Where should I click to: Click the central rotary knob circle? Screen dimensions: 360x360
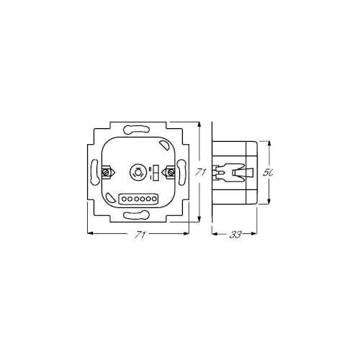click(x=138, y=173)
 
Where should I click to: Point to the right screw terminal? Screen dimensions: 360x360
click(x=171, y=173)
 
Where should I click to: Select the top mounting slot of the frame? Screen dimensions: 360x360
click(x=138, y=131)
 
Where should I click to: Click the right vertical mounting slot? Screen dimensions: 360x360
click(x=181, y=173)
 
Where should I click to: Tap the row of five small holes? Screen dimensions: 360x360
click(x=138, y=197)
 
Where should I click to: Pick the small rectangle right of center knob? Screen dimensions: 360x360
click(x=156, y=173)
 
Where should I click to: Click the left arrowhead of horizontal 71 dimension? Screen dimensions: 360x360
click(x=89, y=233)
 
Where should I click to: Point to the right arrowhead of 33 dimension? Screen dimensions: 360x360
click(x=256, y=233)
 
